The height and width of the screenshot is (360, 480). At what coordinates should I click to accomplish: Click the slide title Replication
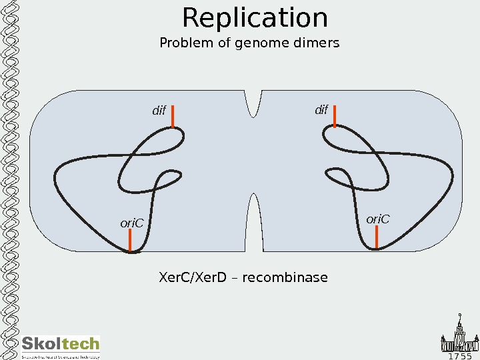(x=255, y=18)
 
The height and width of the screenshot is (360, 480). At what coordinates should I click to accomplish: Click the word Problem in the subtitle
(x=182, y=43)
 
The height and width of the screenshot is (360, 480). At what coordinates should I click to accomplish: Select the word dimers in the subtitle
(x=316, y=43)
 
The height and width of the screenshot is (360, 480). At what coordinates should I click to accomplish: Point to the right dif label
(x=321, y=109)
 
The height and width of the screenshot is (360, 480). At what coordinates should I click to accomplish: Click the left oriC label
(x=132, y=223)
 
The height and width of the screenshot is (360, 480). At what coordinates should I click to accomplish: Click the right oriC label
(x=377, y=219)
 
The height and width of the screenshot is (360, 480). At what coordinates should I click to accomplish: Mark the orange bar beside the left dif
(x=173, y=116)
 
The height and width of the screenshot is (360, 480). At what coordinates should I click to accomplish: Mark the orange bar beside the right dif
(x=335, y=115)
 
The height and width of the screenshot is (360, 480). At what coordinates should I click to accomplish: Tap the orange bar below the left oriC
(x=131, y=242)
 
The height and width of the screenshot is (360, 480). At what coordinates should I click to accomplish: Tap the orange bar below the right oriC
(x=377, y=238)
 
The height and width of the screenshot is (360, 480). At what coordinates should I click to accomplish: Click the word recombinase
(x=285, y=277)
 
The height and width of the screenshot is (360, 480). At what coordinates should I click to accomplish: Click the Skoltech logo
(x=61, y=344)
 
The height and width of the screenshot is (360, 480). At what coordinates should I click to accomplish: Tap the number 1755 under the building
(x=459, y=355)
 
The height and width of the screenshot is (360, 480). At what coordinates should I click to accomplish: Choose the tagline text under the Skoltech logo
(x=61, y=357)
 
